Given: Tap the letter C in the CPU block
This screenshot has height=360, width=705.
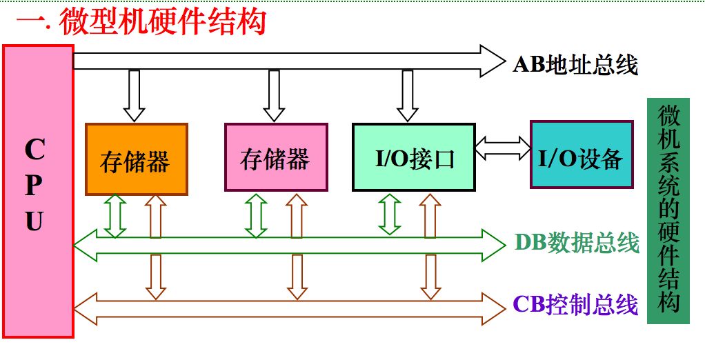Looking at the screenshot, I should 34,148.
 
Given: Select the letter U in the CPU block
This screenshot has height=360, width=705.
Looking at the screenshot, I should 34,221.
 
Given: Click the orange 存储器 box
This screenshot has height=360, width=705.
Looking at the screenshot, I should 136,159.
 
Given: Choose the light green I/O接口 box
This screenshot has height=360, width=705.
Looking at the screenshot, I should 414,157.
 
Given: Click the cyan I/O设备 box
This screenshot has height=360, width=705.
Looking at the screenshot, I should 581,155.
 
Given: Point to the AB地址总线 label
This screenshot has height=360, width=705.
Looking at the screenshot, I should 575,64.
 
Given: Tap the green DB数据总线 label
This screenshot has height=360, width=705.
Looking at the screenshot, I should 577,242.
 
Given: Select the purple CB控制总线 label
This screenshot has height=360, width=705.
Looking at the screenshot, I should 576,304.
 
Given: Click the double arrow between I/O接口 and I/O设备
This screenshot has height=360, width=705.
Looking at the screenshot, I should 502,148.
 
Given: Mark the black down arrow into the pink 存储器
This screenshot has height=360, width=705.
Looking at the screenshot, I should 274,95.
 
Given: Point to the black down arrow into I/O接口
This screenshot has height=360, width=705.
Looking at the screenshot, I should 407,95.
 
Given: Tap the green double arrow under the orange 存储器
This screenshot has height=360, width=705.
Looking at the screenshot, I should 115,215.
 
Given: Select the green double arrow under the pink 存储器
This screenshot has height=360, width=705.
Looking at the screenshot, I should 257,215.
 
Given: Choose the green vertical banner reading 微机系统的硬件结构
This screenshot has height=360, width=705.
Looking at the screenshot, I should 668,210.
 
